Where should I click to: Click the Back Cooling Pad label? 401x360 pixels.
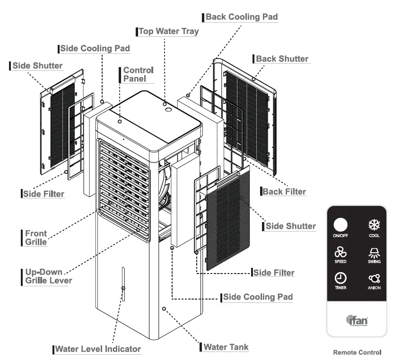[241, 17]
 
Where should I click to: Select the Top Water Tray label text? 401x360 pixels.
[168, 32]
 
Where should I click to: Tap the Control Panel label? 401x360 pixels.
[138, 75]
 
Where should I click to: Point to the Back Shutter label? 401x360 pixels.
[282, 59]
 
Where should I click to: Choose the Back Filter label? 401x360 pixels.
[284, 191]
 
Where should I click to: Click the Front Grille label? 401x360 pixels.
[36, 238]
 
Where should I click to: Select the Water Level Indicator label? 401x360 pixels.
[98, 349]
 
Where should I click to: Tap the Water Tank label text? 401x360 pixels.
[226, 347]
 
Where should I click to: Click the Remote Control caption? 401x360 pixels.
[357, 352]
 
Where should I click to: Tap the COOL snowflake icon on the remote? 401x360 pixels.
[374, 225]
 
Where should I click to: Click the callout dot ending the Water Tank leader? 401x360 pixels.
[164, 309]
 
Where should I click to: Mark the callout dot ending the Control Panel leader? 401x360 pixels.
[120, 121]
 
